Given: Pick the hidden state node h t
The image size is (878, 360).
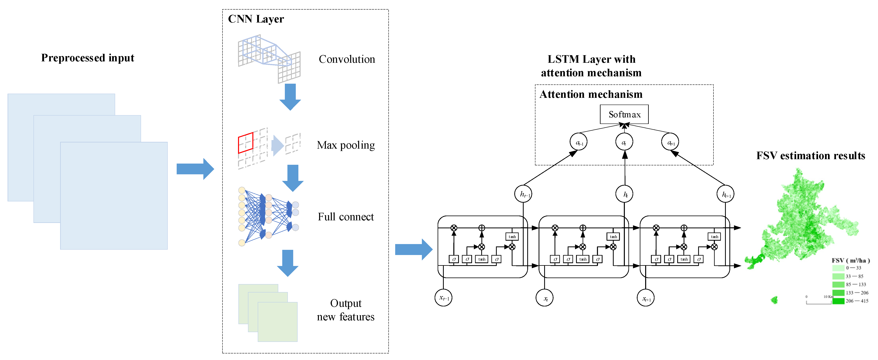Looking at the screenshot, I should coord(624,194).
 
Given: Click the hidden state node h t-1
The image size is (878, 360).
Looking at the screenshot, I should coord(523,194).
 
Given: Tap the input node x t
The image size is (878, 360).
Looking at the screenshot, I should coord(544,298).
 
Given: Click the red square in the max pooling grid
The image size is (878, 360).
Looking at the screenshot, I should coord(245,142).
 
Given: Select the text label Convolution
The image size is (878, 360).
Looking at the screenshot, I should coord(347,59).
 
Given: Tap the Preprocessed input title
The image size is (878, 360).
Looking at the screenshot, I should coord(88,58).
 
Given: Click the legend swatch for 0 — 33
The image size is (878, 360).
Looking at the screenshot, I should coord(838,268).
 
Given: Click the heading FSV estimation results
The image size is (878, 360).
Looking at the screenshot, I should coord(810,156).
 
